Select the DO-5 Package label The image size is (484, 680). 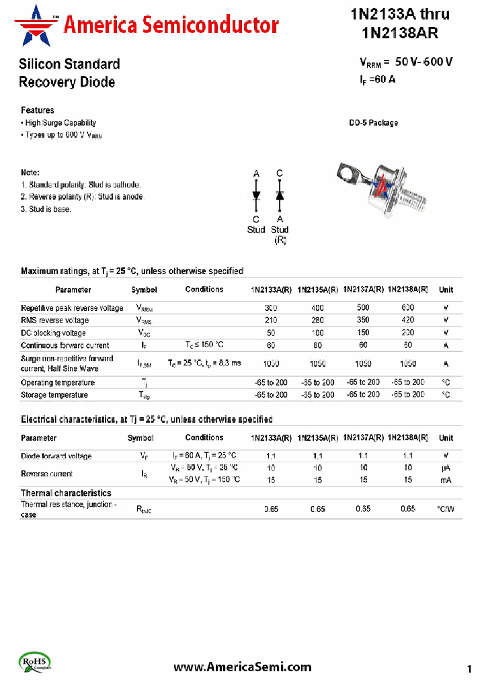coord(373,123)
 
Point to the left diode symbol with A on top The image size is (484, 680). coord(256,196)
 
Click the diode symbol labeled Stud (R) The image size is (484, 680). coord(280,196)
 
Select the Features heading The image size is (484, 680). coord(38,110)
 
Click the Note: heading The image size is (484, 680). coord(30,173)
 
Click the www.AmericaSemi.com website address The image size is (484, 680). coord(242,667)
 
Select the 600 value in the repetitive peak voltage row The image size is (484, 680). coord(407,308)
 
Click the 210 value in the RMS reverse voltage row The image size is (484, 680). coord(271,321)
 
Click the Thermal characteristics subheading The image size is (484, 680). coord(66,493)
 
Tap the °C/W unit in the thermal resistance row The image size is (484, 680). coord(445,509)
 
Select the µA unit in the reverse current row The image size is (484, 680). coord(445,468)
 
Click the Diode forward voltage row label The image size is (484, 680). coord(56,456)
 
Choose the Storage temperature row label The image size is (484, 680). coord(54,395)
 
